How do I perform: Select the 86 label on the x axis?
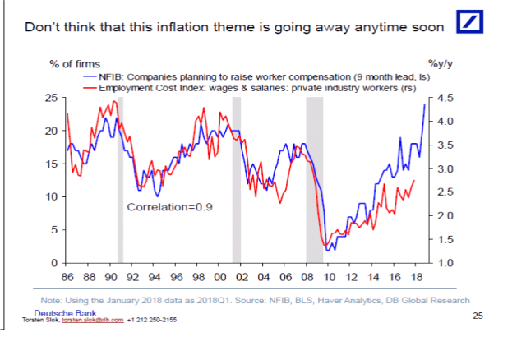click(x=68, y=276)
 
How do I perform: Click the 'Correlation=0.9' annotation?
click(x=169, y=207)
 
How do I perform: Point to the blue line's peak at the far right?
click(x=425, y=104)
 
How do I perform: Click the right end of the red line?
click(x=413, y=180)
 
